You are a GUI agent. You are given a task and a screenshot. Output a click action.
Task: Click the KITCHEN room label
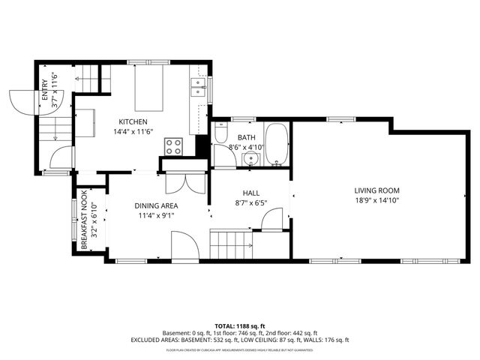pos(132,121)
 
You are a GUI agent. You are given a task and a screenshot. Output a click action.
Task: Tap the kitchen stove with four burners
pos(173,145)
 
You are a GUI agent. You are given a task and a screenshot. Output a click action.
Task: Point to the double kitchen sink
pos(198,88)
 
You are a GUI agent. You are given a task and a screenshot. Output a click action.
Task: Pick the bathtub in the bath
pos(275,143)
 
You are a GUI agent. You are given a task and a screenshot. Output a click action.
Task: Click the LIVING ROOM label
pos(377,190)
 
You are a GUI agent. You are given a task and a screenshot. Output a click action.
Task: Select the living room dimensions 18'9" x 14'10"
pos(377,200)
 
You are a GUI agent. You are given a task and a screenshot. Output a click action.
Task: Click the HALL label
pos(250,193)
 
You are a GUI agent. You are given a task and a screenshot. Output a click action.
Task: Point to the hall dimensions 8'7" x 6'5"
pos(250,202)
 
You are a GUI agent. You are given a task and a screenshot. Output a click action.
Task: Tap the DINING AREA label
pos(156,205)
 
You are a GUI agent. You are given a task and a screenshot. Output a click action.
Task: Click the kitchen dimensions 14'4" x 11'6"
pos(132,132)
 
